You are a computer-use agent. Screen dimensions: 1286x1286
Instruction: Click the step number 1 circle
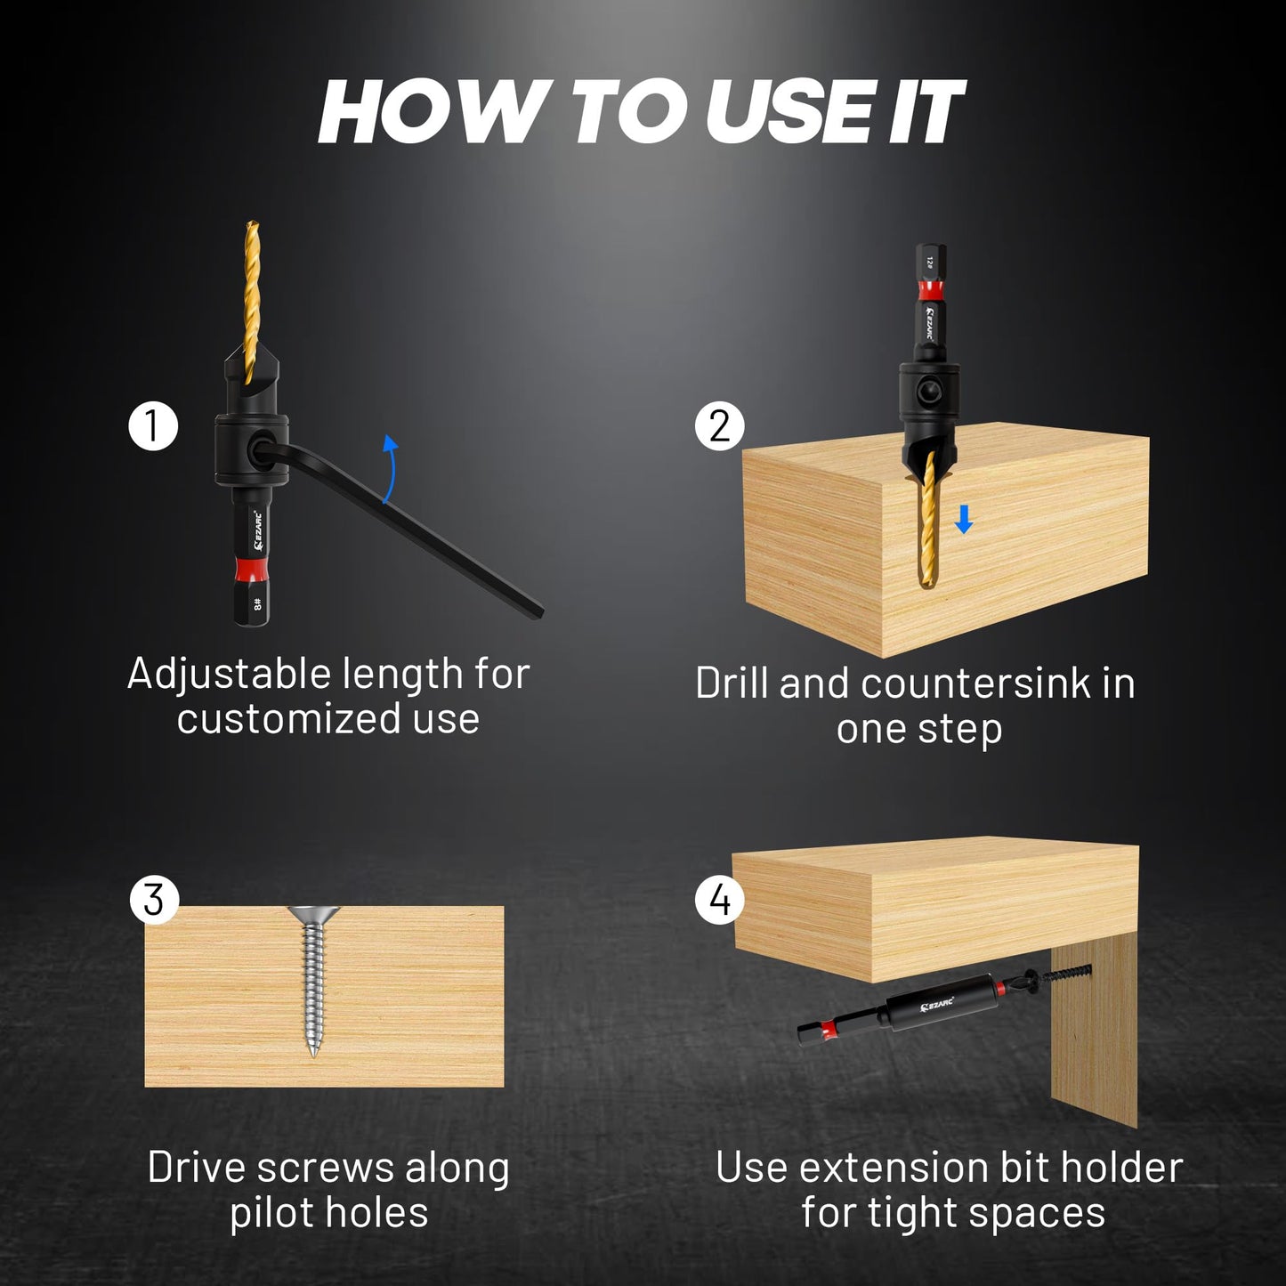point(153,426)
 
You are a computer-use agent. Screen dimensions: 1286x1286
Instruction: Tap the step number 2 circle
point(719,426)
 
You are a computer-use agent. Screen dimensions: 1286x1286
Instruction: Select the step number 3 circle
point(154,900)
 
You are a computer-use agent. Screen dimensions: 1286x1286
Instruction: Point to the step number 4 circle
point(719,900)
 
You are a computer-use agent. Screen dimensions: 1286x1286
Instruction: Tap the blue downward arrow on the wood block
point(963,520)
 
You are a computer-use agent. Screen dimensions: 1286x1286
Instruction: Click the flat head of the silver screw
point(314,914)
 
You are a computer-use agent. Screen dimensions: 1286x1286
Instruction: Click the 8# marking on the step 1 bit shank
point(258,604)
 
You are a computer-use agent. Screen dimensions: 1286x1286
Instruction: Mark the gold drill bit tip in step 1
point(251,228)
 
